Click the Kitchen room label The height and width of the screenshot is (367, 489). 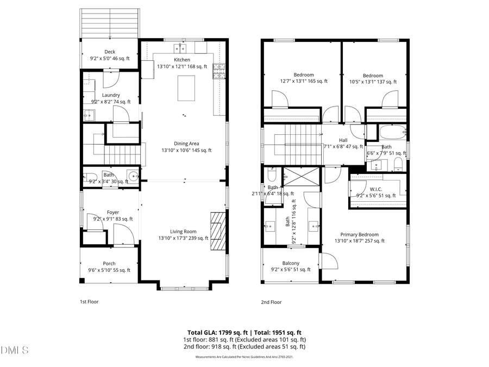(182, 60)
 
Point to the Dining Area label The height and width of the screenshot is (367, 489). (186, 144)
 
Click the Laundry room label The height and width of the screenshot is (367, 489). (110, 95)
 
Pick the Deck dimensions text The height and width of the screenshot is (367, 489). (110, 58)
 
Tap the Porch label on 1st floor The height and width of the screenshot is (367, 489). (109, 264)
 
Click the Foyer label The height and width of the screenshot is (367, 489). (112, 213)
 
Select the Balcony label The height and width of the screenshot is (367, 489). (291, 263)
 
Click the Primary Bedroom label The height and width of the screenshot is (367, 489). (359, 234)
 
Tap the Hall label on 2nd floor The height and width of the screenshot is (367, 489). (343, 140)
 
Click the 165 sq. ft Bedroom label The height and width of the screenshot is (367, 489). (304, 75)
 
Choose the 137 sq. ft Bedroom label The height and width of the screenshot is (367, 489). (373, 76)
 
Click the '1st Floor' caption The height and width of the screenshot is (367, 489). (89, 302)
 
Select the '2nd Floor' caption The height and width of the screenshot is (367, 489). (271, 302)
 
